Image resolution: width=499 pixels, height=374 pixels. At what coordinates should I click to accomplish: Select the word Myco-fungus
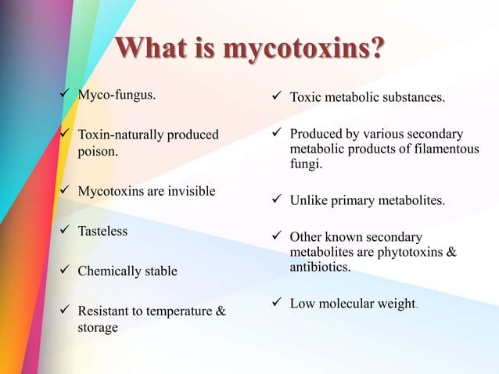(x=116, y=96)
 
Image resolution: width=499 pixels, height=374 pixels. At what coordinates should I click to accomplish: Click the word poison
(x=97, y=150)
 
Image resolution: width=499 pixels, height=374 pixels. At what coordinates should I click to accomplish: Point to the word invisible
(x=189, y=191)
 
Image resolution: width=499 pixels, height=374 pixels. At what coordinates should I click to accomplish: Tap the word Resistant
(x=105, y=312)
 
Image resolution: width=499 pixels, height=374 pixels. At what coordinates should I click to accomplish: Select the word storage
(x=97, y=328)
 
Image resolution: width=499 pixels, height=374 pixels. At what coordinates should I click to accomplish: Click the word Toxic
(x=307, y=98)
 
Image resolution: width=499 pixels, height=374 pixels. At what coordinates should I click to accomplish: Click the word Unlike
(x=309, y=201)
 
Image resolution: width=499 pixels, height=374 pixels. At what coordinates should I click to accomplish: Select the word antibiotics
(x=320, y=267)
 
